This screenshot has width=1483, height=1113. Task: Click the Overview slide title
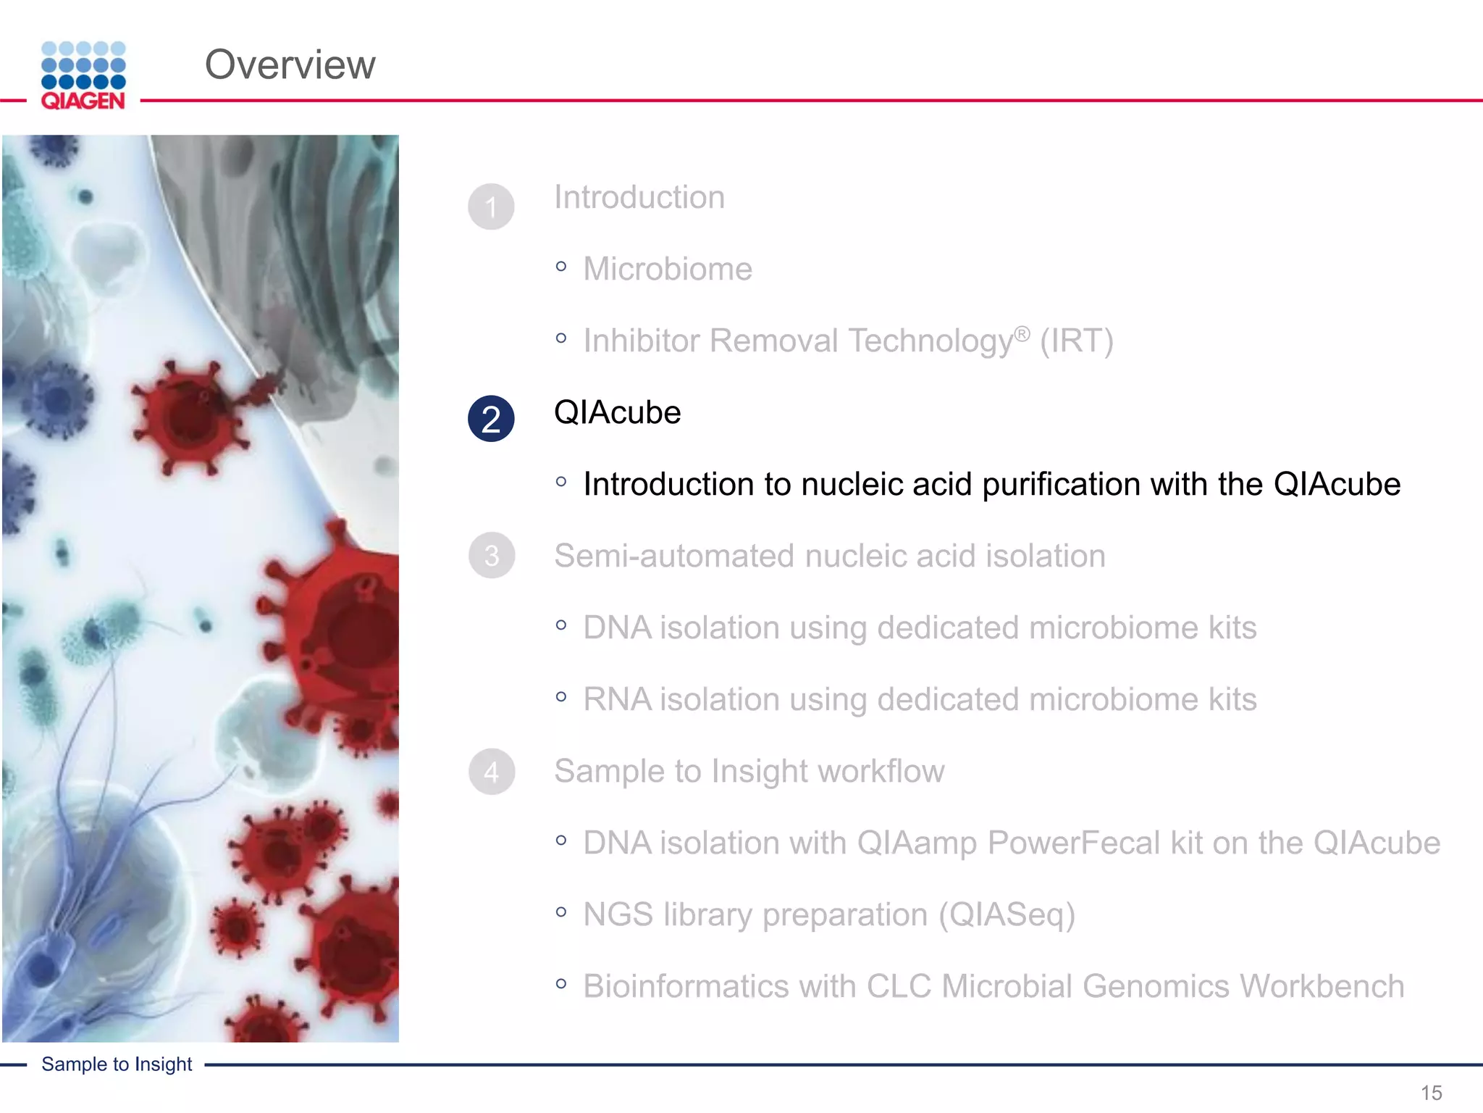pyautogui.click(x=290, y=64)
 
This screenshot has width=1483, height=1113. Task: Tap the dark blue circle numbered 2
pyautogui.click(x=491, y=419)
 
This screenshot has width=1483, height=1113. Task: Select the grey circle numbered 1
pyautogui.click(x=491, y=207)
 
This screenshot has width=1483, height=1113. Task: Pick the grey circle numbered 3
pyautogui.click(x=491, y=556)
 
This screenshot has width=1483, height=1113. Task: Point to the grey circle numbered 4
pyautogui.click(x=491, y=772)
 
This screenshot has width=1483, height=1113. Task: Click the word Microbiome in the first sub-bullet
pyautogui.click(x=667, y=269)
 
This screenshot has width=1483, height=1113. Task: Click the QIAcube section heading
pyautogui.click(x=617, y=412)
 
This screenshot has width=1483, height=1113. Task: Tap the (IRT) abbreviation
pyautogui.click(x=1076, y=341)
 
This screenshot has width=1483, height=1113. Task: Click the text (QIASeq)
pyautogui.click(x=1007, y=914)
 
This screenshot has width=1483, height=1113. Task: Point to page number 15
pyautogui.click(x=1431, y=1092)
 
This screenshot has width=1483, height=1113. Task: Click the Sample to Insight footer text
pyautogui.click(x=117, y=1064)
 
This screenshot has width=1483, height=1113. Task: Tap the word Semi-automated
pyautogui.click(x=674, y=556)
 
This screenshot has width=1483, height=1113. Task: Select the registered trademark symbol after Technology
pyautogui.click(x=1021, y=333)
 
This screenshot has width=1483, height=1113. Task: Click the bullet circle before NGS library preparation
pyautogui.click(x=561, y=912)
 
